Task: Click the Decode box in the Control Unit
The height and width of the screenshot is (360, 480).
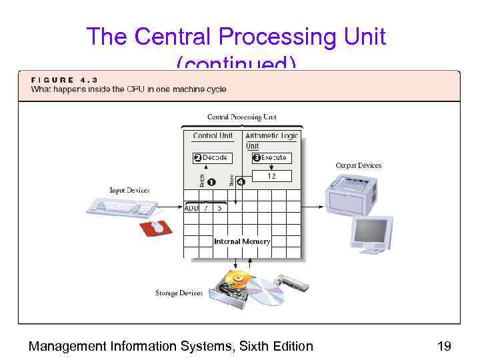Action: coord(211,158)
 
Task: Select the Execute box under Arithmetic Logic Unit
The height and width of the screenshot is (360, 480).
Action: coord(270,158)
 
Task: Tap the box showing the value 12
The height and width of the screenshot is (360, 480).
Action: coord(271,176)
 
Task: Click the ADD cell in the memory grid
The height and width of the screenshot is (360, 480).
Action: coord(191,208)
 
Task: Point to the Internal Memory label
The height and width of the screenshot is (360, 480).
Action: coord(242,241)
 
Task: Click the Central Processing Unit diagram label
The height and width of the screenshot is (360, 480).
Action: coord(241,117)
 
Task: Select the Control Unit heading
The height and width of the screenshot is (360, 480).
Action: coord(213,136)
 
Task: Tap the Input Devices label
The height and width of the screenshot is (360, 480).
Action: coord(129,191)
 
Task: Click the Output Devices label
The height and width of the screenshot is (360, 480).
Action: coord(358,165)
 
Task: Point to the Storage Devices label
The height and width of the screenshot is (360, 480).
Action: coord(179,293)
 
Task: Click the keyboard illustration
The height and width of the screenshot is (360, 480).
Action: coord(121,207)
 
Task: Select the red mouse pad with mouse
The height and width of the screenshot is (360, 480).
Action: coord(156,227)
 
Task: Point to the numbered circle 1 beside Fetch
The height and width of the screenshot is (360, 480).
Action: coord(211,181)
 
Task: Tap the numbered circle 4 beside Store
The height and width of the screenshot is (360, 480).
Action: coord(241,181)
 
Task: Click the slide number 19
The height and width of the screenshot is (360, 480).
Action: coord(444,346)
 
